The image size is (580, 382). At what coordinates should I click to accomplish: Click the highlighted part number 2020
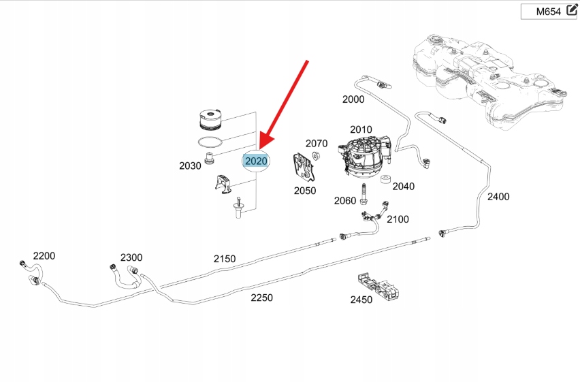(256, 161)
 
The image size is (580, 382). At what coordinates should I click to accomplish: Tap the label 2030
(190, 165)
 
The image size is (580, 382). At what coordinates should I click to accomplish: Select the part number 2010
(361, 129)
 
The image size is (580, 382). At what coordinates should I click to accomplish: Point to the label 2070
(317, 144)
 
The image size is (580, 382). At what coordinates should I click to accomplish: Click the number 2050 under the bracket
(305, 191)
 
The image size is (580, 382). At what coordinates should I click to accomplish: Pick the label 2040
(404, 186)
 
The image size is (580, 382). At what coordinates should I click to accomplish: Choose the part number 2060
(345, 200)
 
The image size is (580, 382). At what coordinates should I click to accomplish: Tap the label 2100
(398, 219)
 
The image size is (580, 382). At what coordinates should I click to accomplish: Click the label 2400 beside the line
(498, 197)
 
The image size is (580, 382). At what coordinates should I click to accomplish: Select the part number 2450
(361, 300)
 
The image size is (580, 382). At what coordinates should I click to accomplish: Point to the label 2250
(261, 298)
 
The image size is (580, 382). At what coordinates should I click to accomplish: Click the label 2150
(225, 259)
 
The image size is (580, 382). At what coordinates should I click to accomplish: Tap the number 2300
(131, 257)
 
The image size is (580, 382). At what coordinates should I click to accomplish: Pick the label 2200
(44, 256)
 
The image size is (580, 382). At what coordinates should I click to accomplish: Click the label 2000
(353, 99)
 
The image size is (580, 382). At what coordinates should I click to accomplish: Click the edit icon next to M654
(571, 11)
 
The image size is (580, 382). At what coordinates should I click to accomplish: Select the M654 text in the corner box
(547, 12)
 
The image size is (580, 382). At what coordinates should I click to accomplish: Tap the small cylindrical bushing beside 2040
(385, 181)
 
